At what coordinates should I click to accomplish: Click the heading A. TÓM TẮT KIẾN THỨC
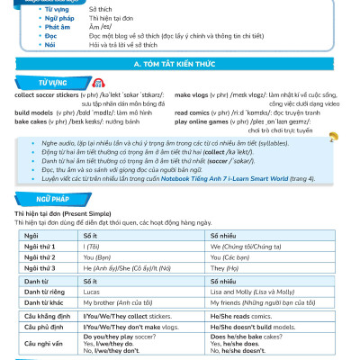pos(180,66)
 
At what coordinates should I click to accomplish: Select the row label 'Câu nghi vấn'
pos(40,342)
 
